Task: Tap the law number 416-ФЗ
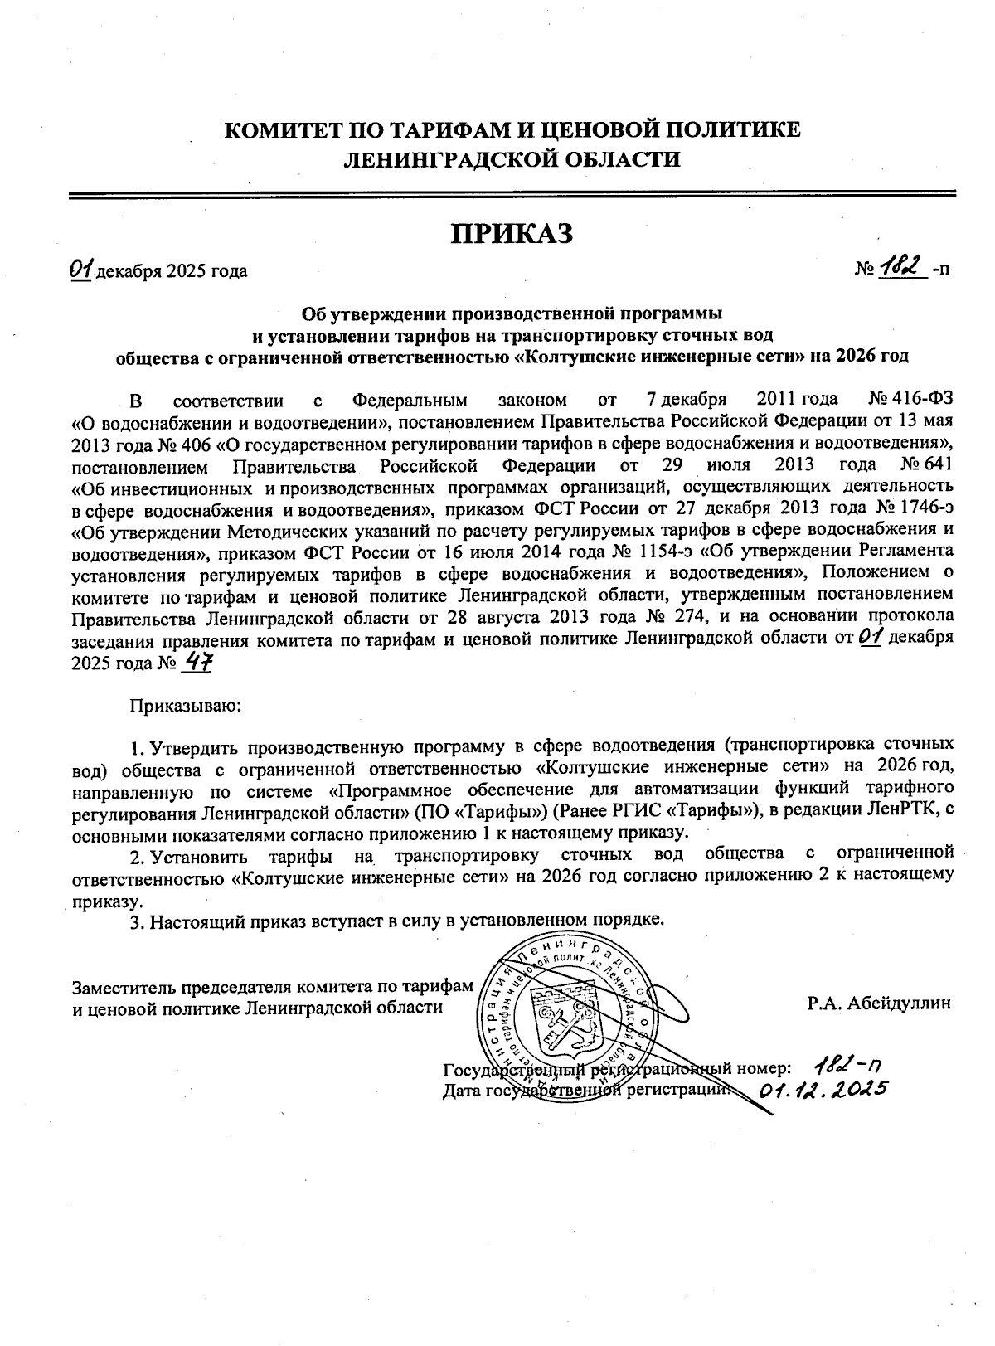(x=920, y=401)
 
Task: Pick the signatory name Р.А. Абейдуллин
(x=879, y=1003)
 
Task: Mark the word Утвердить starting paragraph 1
(x=197, y=745)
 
